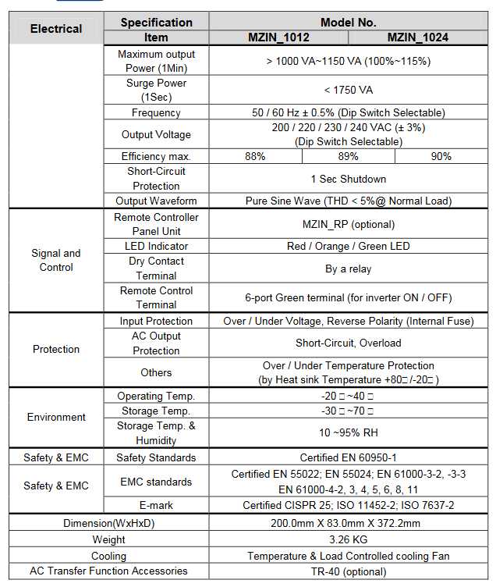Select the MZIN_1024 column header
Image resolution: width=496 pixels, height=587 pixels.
(418, 37)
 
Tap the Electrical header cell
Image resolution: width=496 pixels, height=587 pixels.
(55, 29)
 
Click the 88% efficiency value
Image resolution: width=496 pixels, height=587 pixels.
(255, 156)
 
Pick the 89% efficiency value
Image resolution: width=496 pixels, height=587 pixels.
(348, 156)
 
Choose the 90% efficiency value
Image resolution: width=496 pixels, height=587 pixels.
(441, 156)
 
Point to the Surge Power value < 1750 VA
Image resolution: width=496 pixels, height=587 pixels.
(348, 90)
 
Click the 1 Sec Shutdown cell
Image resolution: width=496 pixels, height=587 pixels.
(348, 179)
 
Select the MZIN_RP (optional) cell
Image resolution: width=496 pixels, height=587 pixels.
(348, 224)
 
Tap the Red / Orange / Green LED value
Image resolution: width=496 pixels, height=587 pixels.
(348, 246)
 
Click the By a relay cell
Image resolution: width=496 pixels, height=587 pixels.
(348, 269)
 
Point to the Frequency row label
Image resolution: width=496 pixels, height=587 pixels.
(156, 112)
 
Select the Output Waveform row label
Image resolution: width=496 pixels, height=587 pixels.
(156, 201)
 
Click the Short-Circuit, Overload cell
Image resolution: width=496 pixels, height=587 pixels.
(348, 343)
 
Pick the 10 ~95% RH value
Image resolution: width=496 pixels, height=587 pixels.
(348, 432)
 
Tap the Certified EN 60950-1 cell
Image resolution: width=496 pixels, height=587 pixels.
(348, 457)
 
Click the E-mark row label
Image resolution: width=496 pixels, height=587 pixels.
(156, 505)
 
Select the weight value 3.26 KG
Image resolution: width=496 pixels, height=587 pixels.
(348, 539)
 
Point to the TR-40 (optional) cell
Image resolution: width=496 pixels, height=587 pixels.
(348, 571)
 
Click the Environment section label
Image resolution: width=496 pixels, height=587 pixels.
(56, 417)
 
